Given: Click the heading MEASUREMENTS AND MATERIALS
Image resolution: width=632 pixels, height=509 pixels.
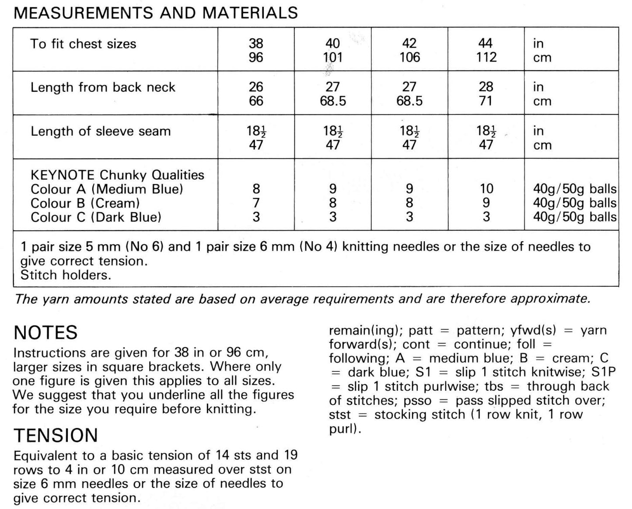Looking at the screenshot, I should tap(156, 13).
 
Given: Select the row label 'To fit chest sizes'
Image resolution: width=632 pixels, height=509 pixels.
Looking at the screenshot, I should tap(83, 44).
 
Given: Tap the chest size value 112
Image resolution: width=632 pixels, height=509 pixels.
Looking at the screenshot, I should tap(486, 57).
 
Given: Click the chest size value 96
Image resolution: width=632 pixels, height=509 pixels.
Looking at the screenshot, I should tap(256, 57).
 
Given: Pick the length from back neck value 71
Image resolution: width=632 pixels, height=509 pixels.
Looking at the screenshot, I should tap(486, 101).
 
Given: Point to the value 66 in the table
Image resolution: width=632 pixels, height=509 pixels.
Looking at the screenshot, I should tap(256, 101).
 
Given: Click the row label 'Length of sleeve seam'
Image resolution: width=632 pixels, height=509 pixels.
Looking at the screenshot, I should tap(101, 131).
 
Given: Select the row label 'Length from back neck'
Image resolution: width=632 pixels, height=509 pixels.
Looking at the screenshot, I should tap(103, 87).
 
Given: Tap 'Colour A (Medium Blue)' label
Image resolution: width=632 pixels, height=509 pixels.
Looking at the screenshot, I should tap(107, 189).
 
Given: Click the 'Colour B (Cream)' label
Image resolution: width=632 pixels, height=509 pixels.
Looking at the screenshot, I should tap(85, 203).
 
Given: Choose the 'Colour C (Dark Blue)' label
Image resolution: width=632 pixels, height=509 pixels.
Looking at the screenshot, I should tap(96, 217).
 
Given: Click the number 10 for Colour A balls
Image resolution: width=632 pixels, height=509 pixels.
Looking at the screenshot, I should tap(486, 189).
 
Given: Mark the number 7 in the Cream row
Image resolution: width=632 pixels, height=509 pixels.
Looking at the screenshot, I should tap(256, 203).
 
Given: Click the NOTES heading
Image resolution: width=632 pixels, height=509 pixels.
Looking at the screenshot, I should tap(45, 332).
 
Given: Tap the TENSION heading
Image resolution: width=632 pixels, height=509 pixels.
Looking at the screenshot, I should tap(56, 435).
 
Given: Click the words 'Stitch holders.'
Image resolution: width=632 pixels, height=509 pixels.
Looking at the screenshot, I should tap(66, 275).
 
